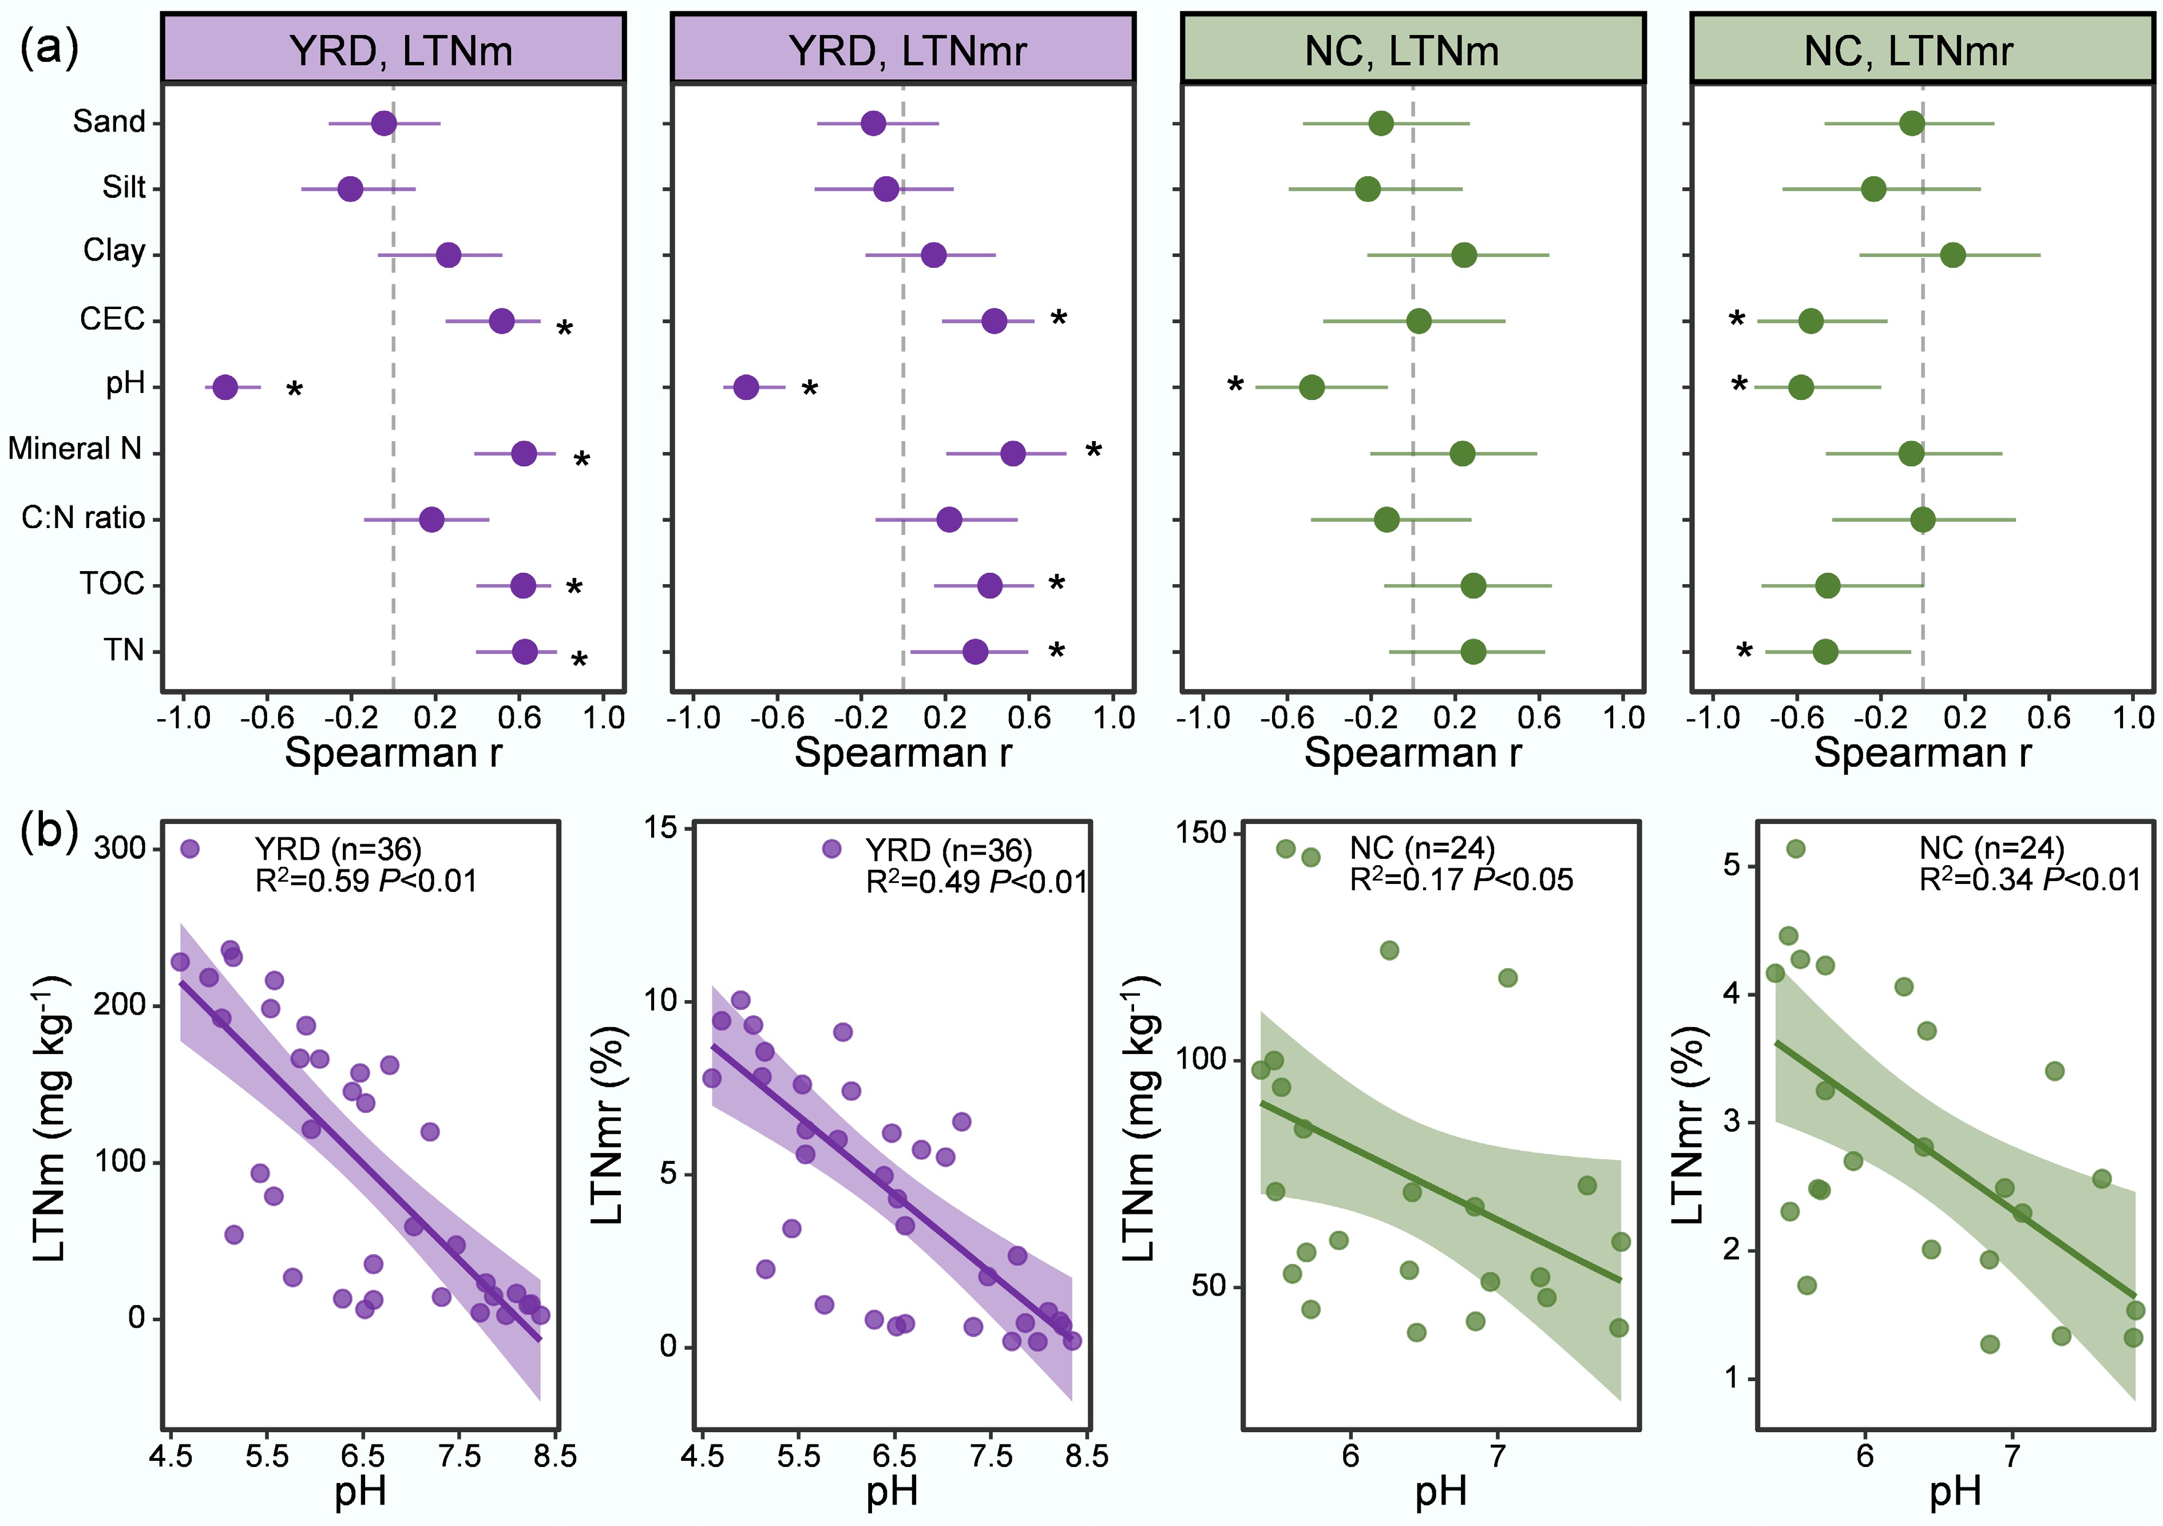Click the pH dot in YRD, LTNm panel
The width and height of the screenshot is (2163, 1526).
pos(224,387)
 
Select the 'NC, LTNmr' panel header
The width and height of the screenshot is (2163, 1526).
pos(1922,50)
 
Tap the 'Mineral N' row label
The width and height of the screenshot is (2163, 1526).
pos(76,449)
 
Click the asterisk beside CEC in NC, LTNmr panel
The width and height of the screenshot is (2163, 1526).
pos(1736,321)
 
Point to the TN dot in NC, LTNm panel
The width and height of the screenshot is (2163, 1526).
pos(1473,652)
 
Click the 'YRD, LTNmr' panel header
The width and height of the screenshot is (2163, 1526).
pos(902,50)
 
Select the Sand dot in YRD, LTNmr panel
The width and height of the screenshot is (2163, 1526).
pos(873,124)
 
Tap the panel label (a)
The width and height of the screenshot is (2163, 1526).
pos(49,47)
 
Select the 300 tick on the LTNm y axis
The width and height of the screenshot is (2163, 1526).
pos(120,849)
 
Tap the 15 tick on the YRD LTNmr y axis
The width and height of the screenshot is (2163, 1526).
pos(661,828)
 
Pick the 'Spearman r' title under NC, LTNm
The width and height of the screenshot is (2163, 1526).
pos(1412,752)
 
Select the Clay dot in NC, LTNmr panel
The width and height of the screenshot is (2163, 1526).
pos(1953,255)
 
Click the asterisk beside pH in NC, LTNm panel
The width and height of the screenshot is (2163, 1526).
pos(1235,385)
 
